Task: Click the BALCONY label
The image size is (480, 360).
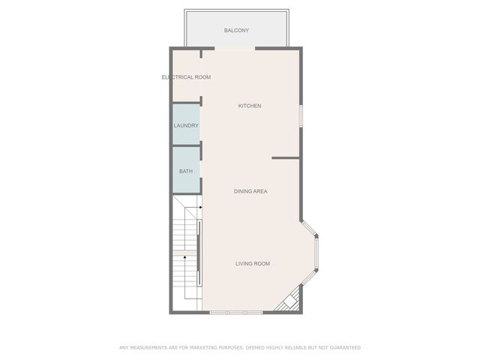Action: [236, 31]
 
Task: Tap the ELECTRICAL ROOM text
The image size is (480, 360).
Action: [186, 77]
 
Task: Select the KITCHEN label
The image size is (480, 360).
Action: [250, 106]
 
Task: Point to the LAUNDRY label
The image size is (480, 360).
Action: [186, 125]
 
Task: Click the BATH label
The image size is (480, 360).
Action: [185, 171]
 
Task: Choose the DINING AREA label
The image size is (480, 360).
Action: [250, 191]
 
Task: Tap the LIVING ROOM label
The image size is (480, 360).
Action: [252, 263]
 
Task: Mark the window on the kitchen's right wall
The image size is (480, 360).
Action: [301, 115]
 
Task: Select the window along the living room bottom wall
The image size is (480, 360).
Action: [235, 312]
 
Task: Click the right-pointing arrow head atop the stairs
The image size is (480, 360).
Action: [200, 208]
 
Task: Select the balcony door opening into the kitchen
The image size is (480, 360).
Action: [235, 49]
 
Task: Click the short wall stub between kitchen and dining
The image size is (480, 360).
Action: [286, 158]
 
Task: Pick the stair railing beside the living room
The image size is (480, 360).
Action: [199, 253]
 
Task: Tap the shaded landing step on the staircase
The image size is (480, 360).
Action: [184, 253]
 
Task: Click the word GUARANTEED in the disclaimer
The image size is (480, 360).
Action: [344, 347]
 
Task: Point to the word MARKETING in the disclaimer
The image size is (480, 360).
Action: [192, 347]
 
